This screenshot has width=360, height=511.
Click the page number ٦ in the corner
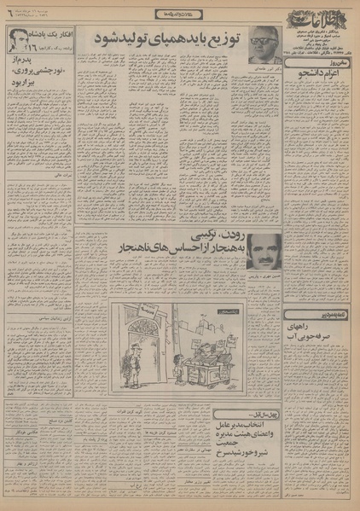pos(10,9)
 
